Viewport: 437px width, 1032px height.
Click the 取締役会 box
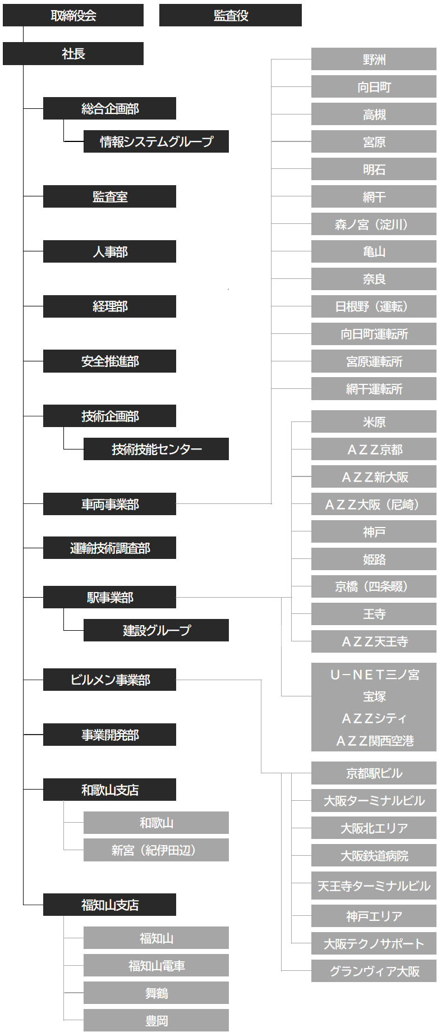pyautogui.click(x=73, y=15)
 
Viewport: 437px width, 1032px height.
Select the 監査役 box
pyautogui.click(x=230, y=15)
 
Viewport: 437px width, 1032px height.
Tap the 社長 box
pyautogui.click(x=73, y=53)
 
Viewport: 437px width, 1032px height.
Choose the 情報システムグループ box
pyautogui.click(x=156, y=141)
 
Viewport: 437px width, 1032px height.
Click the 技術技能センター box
pyautogui.click(x=156, y=449)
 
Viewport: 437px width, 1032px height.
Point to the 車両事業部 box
pyautogui.click(x=109, y=504)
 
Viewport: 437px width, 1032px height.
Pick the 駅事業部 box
pyautogui.click(x=109, y=597)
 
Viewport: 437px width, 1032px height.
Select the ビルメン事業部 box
pyautogui.click(x=109, y=680)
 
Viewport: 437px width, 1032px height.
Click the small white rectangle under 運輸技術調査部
pyautogui.click(x=84, y=570)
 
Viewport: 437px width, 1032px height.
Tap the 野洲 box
pyautogui.click(x=374, y=59)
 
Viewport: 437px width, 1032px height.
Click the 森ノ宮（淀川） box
pyautogui.click(x=374, y=224)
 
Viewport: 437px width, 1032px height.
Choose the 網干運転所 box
pyautogui.click(x=374, y=388)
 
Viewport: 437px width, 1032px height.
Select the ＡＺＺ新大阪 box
pyautogui.click(x=374, y=476)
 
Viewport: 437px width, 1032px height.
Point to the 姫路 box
pyautogui.click(x=374, y=559)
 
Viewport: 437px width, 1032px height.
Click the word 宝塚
pyautogui.click(x=374, y=696)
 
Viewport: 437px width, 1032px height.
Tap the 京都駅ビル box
pyautogui.click(x=374, y=773)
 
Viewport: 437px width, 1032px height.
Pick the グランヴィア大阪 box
pyautogui.click(x=374, y=971)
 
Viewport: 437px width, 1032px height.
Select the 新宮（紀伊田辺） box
pyautogui.click(x=156, y=850)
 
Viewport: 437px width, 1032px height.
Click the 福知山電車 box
pyautogui.click(x=156, y=965)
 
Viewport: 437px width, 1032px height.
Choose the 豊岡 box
pyautogui.click(x=156, y=1020)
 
